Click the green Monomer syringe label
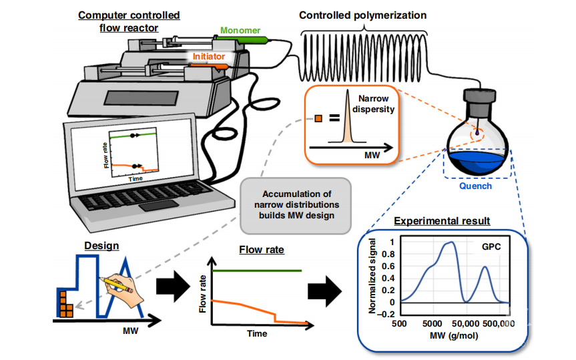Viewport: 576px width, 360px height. pos(241,31)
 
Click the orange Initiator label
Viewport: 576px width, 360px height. pos(209,57)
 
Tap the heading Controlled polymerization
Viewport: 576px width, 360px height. pos(362,15)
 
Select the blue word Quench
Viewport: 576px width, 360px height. pos(476,186)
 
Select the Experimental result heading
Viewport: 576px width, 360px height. pos(442,220)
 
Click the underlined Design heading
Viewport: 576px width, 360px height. pos(101,245)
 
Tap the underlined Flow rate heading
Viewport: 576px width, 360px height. pos(261,250)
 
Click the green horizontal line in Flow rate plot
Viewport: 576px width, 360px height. pos(257,271)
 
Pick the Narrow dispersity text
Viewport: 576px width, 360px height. pos(372,105)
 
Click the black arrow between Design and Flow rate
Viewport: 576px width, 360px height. pos(174,286)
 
